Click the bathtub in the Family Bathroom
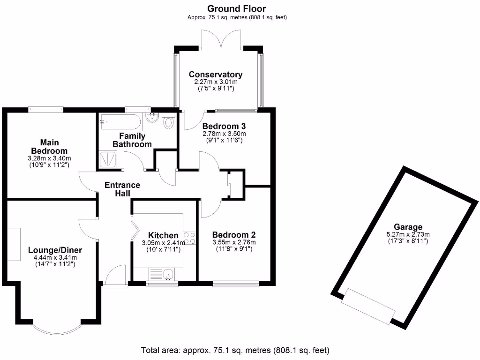pos(120,122)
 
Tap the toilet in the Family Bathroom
pos(168,120)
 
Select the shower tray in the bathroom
pos(108,159)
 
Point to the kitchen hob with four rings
pos(189,238)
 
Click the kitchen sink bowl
pos(169,274)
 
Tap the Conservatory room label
pos(216,75)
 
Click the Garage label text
pos(408,227)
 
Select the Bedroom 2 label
pos(234,235)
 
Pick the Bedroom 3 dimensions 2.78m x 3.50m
pos(224,134)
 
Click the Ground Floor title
pos(237,8)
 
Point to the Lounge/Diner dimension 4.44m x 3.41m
pos(55,257)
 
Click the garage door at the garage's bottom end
pos(368,306)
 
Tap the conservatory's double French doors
pos(221,40)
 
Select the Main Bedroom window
pos(46,108)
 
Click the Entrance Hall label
pos(122,189)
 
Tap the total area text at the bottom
pos(235,350)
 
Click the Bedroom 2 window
pos(236,284)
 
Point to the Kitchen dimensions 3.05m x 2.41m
pos(163,243)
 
